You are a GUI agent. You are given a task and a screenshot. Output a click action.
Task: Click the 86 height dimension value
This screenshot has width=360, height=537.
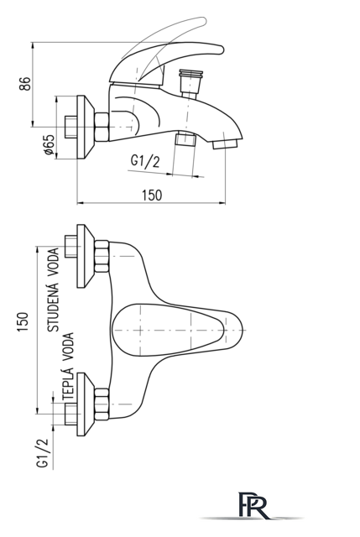(x=25, y=84)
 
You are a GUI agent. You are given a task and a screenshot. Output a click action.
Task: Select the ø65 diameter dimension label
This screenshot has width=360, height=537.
(x=50, y=144)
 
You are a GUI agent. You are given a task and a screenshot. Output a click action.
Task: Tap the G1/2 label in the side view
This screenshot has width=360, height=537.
(x=145, y=161)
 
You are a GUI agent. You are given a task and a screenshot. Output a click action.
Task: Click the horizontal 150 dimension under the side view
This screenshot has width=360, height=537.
(x=152, y=195)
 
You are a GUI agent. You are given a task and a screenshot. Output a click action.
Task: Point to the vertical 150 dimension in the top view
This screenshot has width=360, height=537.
(x=23, y=321)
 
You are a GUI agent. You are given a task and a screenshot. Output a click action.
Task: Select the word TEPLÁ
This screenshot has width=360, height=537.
(x=68, y=383)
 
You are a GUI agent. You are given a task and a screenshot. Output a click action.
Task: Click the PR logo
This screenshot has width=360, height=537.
(x=253, y=505)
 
